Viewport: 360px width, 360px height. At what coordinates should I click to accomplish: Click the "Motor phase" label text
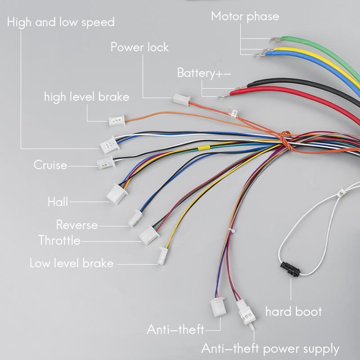[x=245, y=17]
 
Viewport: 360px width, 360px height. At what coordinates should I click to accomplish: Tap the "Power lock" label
[x=139, y=47]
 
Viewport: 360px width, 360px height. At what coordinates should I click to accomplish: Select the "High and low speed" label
[x=61, y=22]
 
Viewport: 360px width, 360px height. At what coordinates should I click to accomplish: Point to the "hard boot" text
[x=293, y=311]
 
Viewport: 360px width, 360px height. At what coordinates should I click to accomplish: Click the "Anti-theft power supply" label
[x=270, y=349]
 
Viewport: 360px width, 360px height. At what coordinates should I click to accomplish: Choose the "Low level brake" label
[x=72, y=263]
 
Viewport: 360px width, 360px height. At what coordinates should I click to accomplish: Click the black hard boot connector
[x=290, y=269]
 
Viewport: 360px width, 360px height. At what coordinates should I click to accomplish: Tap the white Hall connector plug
[x=117, y=194]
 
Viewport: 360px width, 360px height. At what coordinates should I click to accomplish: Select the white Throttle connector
[x=149, y=235]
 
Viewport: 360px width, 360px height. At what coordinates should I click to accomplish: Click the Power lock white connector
[x=182, y=100]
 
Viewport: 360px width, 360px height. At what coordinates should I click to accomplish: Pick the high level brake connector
[x=117, y=121]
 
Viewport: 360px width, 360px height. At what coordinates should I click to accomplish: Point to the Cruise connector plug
[x=106, y=163]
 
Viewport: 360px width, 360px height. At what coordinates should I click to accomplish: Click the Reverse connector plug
[x=135, y=218]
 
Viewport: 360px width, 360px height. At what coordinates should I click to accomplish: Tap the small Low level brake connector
[x=163, y=256]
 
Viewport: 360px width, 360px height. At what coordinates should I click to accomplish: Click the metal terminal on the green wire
[x=275, y=39]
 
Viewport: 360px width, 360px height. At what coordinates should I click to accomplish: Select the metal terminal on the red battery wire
[x=224, y=95]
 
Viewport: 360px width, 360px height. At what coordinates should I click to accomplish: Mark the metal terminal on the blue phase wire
[x=260, y=54]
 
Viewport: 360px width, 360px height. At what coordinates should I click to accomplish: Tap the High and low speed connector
[x=110, y=144]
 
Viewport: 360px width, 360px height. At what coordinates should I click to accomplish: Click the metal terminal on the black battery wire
[x=241, y=88]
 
